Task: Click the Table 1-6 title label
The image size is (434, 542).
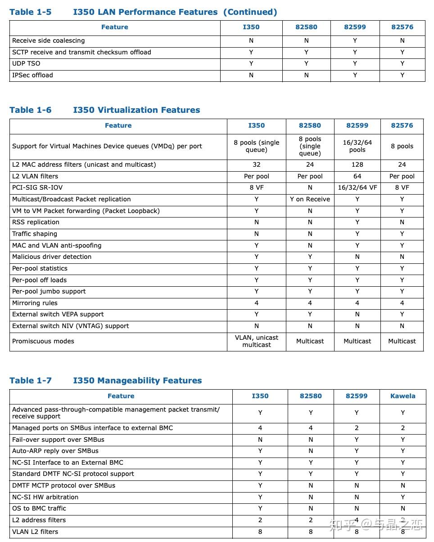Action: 31,110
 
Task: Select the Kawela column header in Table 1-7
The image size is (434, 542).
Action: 402,396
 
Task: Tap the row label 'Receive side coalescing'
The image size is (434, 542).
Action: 48,40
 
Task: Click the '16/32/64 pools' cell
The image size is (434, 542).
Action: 357,146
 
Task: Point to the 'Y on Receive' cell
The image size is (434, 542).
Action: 310,199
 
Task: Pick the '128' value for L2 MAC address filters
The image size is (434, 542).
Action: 357,164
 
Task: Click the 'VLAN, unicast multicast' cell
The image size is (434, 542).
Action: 257,341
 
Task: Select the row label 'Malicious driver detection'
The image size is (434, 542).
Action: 52,257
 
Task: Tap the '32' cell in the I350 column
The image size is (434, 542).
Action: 257,164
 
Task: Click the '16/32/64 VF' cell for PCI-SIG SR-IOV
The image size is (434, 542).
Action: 357,188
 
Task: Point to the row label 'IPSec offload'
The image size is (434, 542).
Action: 32,75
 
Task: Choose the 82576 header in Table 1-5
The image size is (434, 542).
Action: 402,27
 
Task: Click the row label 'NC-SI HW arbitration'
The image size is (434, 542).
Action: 45,497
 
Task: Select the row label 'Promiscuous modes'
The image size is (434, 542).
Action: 43,341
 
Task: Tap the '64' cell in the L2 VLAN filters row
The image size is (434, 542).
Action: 357,176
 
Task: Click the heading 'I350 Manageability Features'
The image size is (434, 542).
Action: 137,381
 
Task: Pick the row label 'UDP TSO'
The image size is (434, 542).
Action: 26,63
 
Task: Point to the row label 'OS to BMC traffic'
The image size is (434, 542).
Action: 39,508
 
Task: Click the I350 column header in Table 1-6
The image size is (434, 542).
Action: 257,125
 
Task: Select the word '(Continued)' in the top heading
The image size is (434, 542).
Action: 250,12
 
